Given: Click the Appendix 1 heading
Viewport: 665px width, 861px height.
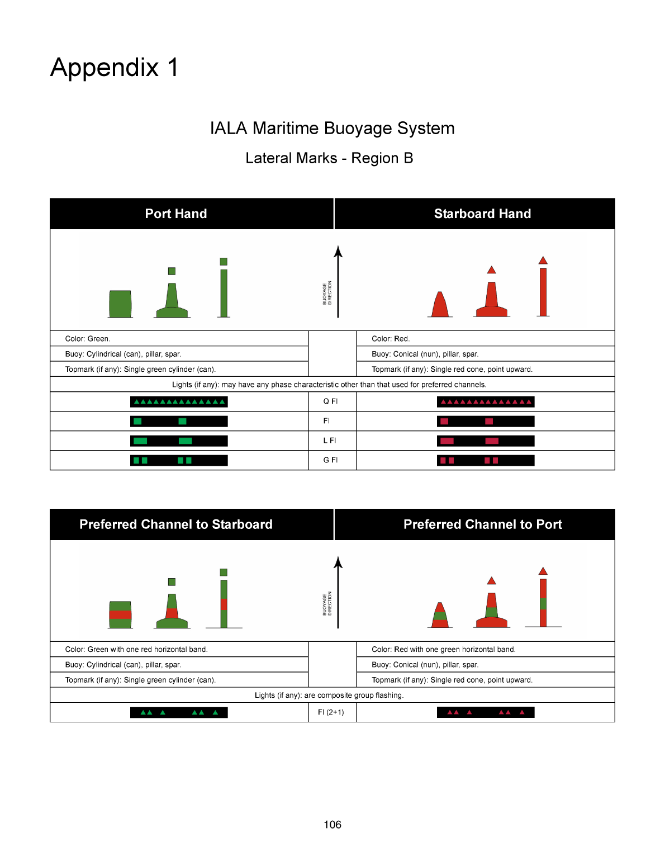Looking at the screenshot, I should (115, 68).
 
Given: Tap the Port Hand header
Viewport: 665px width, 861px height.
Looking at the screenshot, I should (176, 214).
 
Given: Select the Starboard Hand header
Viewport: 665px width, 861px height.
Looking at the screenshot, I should (482, 214).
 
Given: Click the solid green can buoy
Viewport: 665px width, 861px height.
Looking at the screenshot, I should (120, 304).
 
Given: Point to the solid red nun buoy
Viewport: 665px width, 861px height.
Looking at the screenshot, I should (440, 305).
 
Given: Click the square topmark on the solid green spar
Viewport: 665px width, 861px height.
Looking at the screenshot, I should (224, 262).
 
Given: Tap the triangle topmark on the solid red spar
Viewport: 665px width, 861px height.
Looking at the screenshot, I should (543, 261).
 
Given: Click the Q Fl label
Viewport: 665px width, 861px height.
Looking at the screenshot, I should (330, 401).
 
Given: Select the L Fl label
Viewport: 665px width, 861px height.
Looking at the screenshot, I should (330, 441).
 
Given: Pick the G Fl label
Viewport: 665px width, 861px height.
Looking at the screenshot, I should (330, 460).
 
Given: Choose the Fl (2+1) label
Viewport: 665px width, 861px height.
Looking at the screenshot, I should (331, 712).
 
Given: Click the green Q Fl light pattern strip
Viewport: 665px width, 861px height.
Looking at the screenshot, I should (179, 401).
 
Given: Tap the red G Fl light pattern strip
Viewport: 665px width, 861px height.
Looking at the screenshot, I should (486, 460).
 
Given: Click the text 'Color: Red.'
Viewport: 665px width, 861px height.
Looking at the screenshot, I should (391, 339).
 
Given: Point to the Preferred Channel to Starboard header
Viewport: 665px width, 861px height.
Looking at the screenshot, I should (176, 524).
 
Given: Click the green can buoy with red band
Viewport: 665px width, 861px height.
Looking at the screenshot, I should (120, 614).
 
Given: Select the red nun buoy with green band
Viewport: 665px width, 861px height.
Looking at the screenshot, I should (440, 616).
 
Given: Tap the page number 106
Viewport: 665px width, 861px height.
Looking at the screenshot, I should (332, 825).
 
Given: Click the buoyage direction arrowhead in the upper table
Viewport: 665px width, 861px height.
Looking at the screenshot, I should (338, 251).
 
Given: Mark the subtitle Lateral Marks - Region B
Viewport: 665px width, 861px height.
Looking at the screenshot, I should (329, 158).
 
